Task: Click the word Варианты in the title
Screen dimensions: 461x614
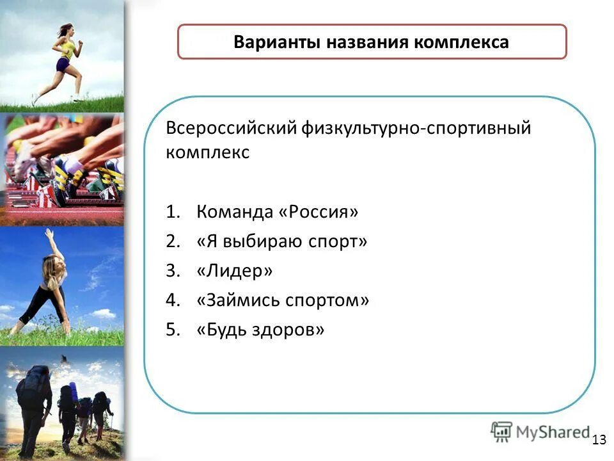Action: tap(278, 42)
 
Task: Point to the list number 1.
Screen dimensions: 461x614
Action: tap(172, 212)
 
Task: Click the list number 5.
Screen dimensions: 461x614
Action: tap(172, 330)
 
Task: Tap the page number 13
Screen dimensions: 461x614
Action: tap(599, 439)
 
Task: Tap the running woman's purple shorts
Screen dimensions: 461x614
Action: tap(63, 65)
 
